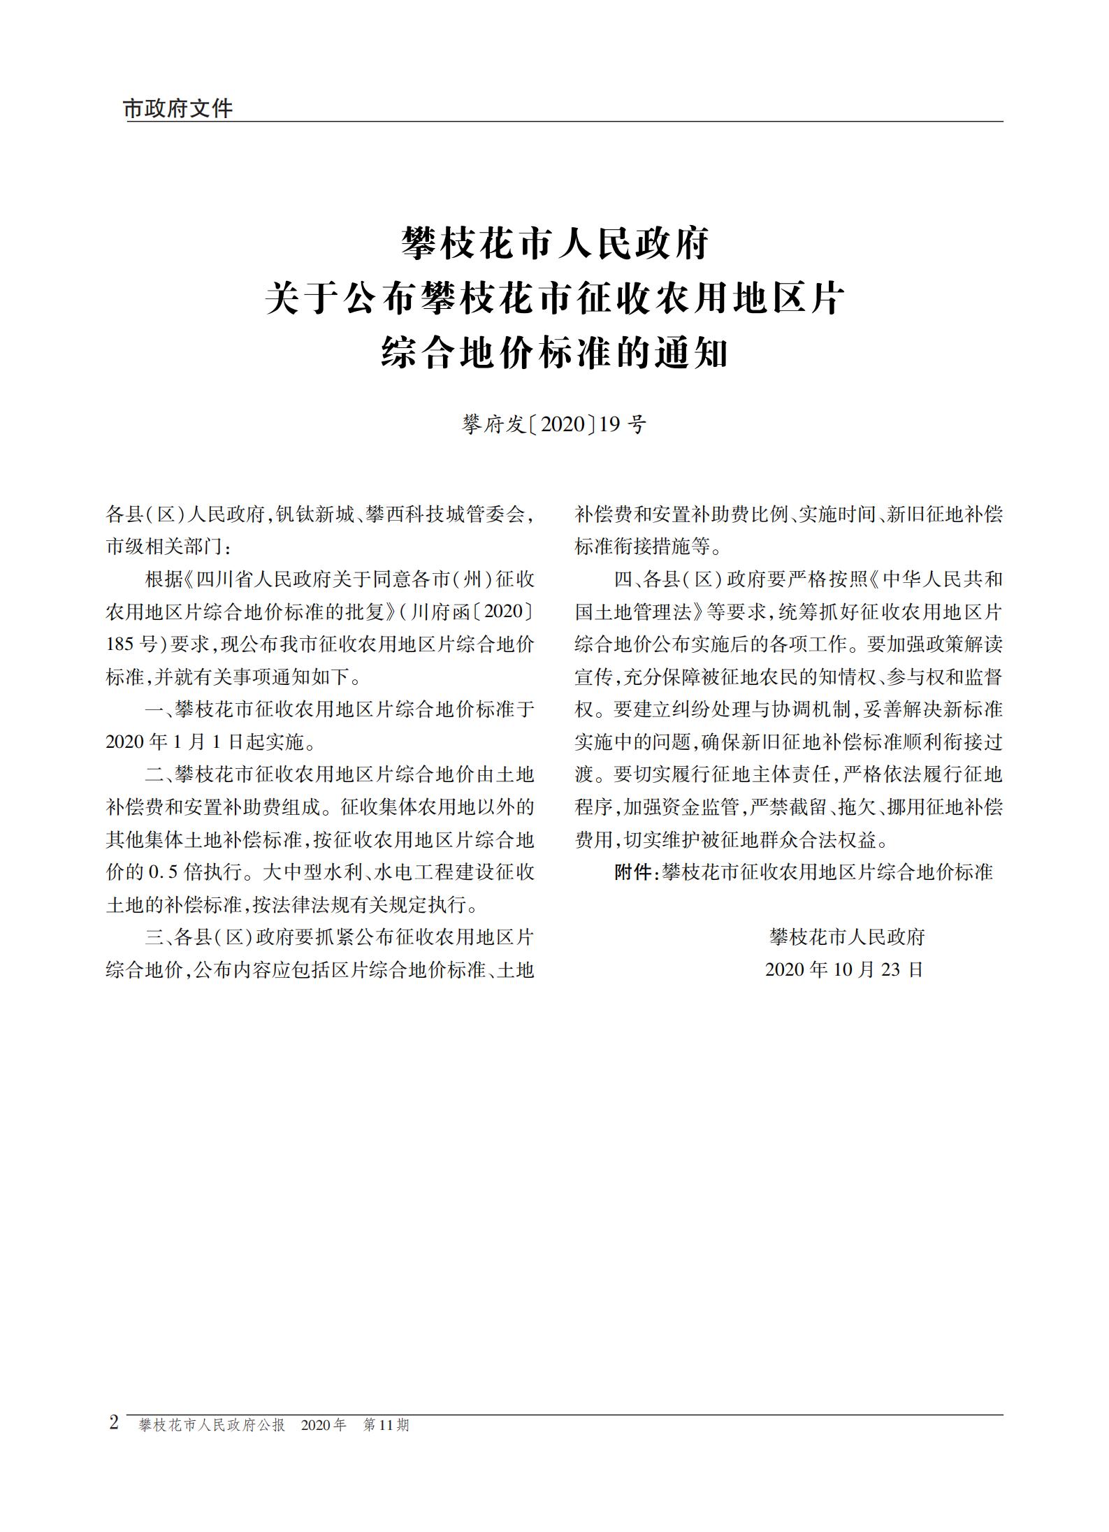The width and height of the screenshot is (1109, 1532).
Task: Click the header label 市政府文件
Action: coord(177,108)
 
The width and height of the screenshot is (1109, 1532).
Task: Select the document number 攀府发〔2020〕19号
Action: coord(554,424)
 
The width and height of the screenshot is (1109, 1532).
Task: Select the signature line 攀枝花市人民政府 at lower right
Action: coord(846,937)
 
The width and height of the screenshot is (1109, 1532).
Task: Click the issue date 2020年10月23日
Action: coord(844,969)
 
